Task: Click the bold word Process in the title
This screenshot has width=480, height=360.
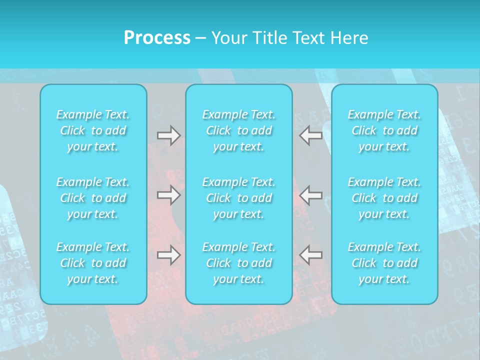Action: click(157, 38)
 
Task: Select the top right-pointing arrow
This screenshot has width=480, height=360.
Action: click(169, 135)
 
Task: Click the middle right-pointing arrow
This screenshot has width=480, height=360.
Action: click(169, 195)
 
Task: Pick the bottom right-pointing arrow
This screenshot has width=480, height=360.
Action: click(169, 255)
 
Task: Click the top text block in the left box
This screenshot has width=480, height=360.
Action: click(93, 130)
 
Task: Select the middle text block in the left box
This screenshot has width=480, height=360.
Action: click(93, 198)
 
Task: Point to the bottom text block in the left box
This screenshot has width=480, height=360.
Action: click(93, 263)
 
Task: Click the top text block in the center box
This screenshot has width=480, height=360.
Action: click(239, 130)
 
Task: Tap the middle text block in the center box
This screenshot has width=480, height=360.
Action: click(239, 198)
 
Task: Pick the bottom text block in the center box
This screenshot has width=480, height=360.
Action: click(239, 263)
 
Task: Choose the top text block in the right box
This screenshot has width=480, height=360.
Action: click(384, 130)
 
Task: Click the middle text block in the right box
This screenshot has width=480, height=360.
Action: click(384, 198)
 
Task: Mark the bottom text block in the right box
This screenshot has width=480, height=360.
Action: click(384, 263)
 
